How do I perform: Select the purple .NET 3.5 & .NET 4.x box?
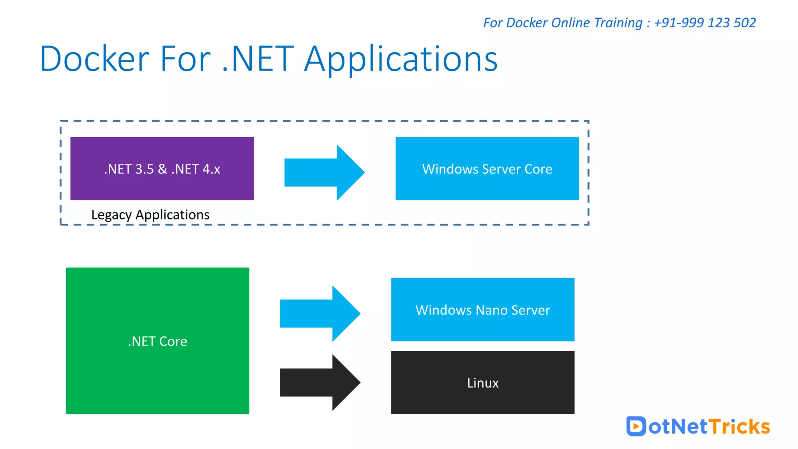pyautogui.click(x=162, y=168)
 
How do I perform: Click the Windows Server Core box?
pyautogui.click(x=487, y=168)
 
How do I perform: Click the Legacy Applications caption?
pyautogui.click(x=150, y=215)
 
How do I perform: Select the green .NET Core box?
pyautogui.click(x=157, y=341)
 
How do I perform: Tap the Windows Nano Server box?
pyautogui.click(x=482, y=309)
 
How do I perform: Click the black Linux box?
pyautogui.click(x=482, y=382)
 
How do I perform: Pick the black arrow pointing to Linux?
pyautogui.click(x=320, y=382)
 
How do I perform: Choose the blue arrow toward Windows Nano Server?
pyautogui.click(x=320, y=313)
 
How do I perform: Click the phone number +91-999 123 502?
pyautogui.click(x=704, y=23)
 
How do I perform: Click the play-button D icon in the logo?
pyautogui.click(x=636, y=426)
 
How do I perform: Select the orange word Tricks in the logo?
pyautogui.click(x=739, y=426)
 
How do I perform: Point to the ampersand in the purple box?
pyautogui.click(x=162, y=169)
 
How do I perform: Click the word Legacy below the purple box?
pyautogui.click(x=111, y=215)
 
